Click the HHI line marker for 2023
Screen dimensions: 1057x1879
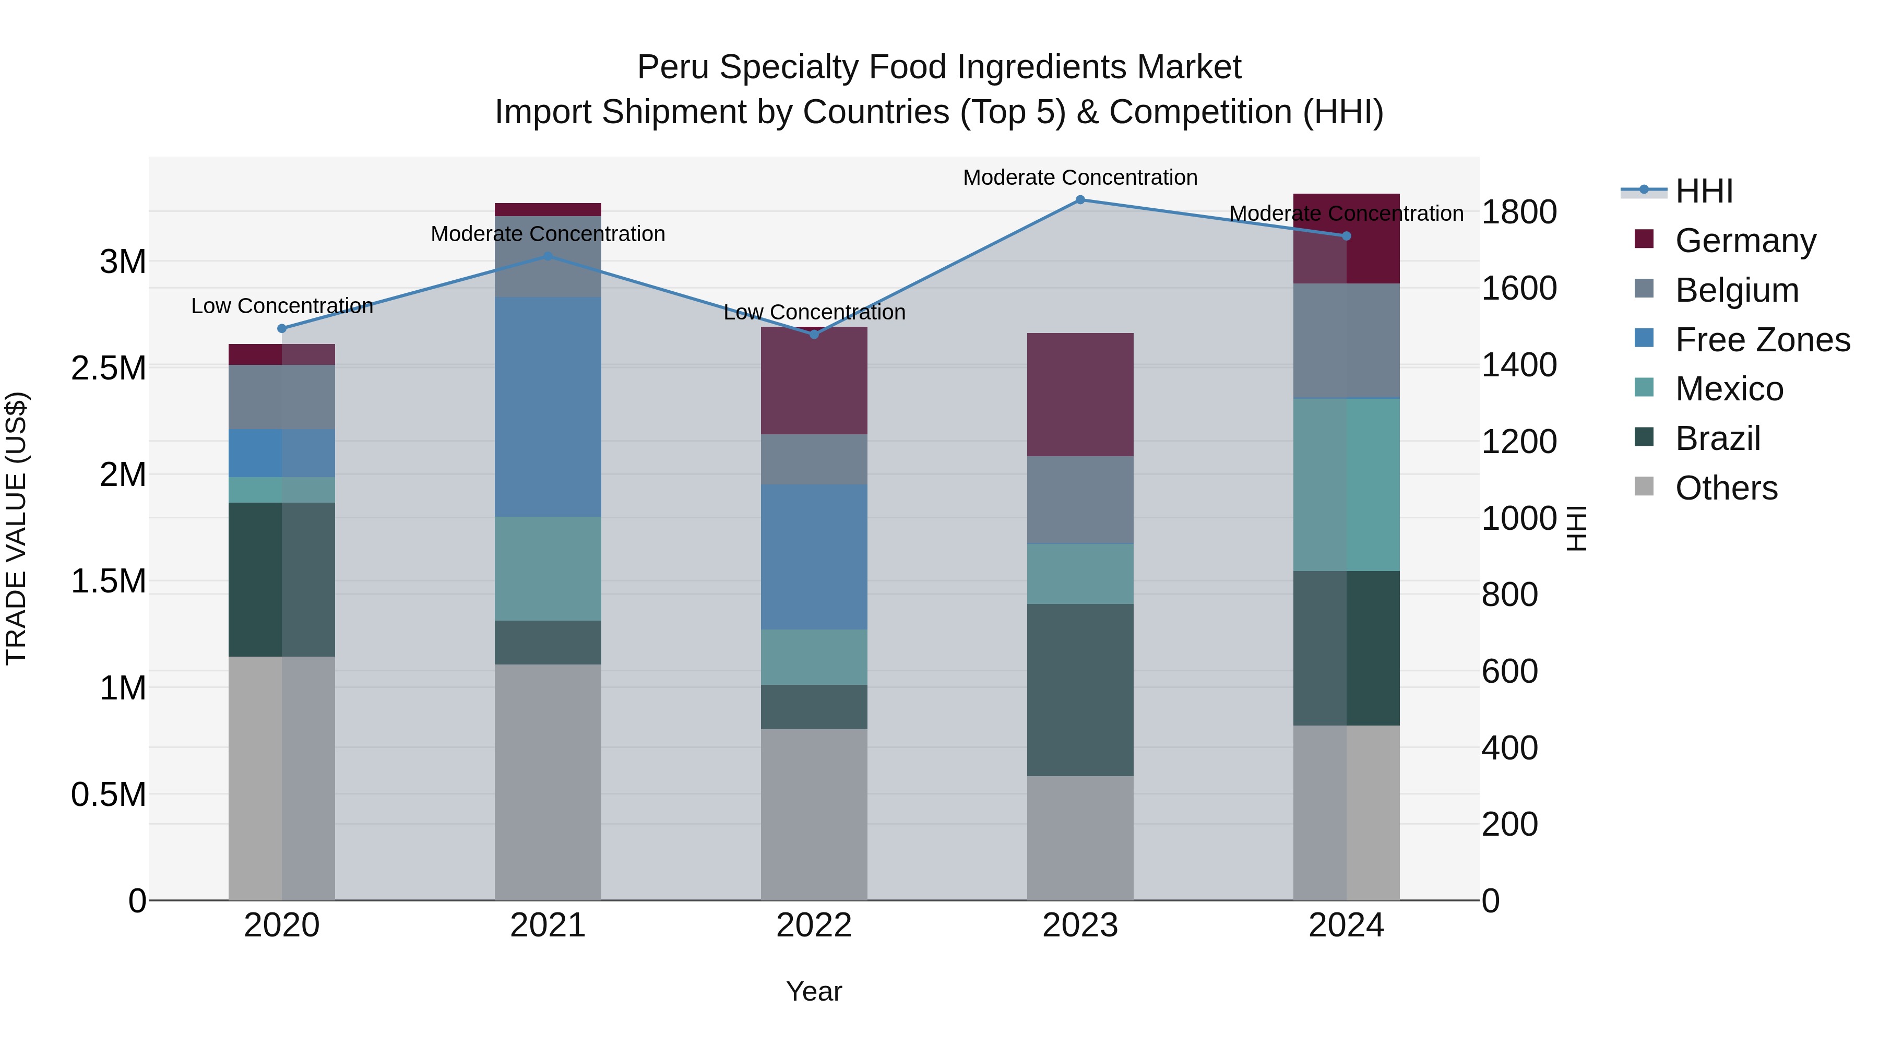[1080, 200]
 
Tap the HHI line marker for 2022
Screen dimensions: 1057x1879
[814, 335]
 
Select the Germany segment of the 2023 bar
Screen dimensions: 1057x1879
[1080, 395]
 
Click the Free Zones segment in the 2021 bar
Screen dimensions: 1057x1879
[548, 407]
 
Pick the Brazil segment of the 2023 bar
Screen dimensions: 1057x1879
[1080, 690]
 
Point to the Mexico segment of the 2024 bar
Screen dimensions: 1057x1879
[1347, 485]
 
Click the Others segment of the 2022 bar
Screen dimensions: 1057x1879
[814, 815]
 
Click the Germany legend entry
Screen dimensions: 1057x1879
[1745, 241]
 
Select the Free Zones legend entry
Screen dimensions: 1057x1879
[1762, 340]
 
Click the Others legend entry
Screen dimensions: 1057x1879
[1726, 488]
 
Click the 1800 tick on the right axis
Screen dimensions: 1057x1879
[1519, 212]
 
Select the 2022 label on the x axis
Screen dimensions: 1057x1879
[814, 925]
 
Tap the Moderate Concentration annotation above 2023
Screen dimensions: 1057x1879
[1080, 178]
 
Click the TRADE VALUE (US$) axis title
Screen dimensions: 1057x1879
[17, 528]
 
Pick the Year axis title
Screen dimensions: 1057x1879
[814, 991]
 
